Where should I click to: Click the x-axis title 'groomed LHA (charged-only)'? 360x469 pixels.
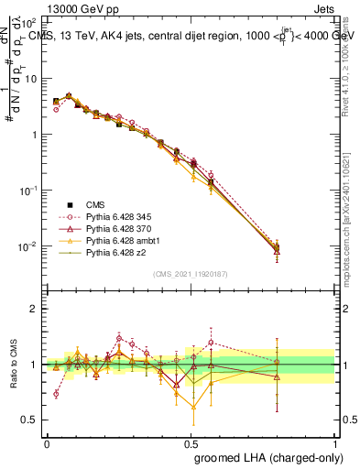coord(264,458)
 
